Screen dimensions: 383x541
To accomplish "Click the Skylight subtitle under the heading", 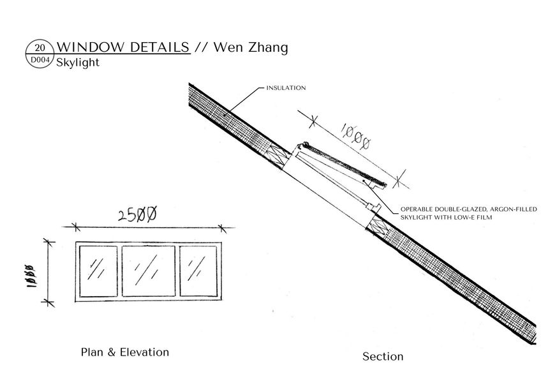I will pos(77,63).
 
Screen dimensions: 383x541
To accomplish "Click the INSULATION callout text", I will pos(286,87).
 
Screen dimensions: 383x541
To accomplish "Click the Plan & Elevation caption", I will pos(125,352).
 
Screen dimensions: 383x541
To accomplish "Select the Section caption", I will pos(383,356).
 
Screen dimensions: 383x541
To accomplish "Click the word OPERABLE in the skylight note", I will pos(419,209).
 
